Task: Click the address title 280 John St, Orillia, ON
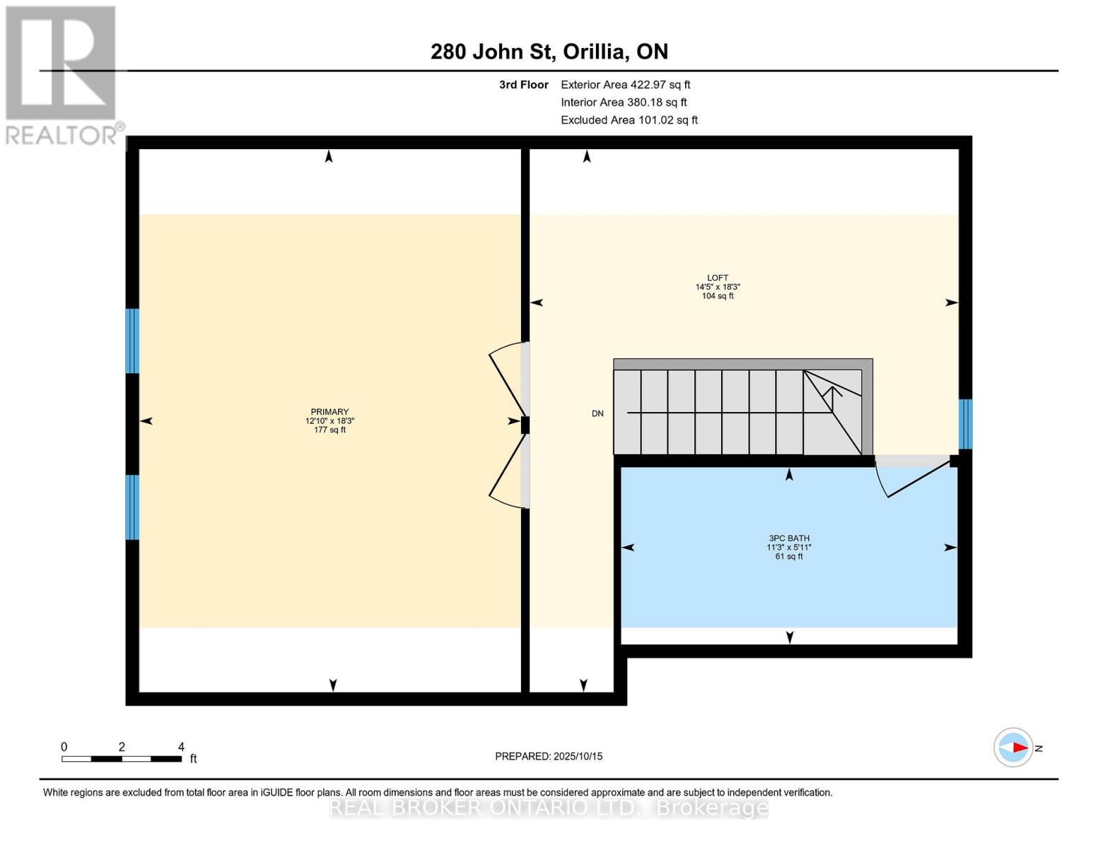click(x=549, y=52)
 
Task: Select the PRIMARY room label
click(x=329, y=412)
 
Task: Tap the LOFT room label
click(x=717, y=278)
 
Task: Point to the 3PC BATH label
click(x=788, y=538)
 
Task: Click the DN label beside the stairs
click(x=597, y=413)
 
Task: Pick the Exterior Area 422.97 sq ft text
click(x=625, y=85)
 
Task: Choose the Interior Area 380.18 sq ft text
click(x=624, y=102)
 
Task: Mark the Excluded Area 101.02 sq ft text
click(x=629, y=120)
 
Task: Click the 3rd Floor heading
click(x=523, y=85)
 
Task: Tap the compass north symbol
click(x=1015, y=747)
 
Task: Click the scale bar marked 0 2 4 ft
click(x=121, y=758)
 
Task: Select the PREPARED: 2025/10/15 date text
click(x=549, y=756)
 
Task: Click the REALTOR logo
click(x=62, y=74)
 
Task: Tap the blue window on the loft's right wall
click(x=965, y=424)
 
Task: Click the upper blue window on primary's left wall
click(x=132, y=341)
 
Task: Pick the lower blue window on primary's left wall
click(x=132, y=507)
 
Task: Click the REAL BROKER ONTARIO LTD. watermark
click(x=549, y=808)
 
